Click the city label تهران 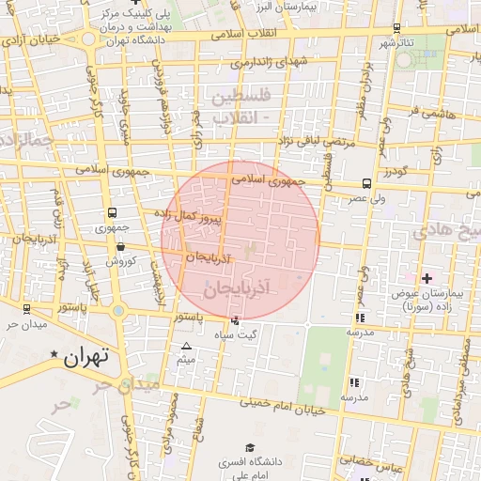pyautogui.click(x=86, y=357)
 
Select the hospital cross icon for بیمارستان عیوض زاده pyautogui.click(x=427, y=278)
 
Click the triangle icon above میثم pyautogui.click(x=186, y=347)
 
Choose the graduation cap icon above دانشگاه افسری pyautogui.click(x=249, y=448)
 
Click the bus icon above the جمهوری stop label pyautogui.click(x=112, y=213)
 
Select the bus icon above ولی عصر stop pyautogui.click(x=365, y=184)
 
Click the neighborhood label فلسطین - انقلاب pyautogui.click(x=241, y=107)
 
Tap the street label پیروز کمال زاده pyautogui.click(x=215, y=216)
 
